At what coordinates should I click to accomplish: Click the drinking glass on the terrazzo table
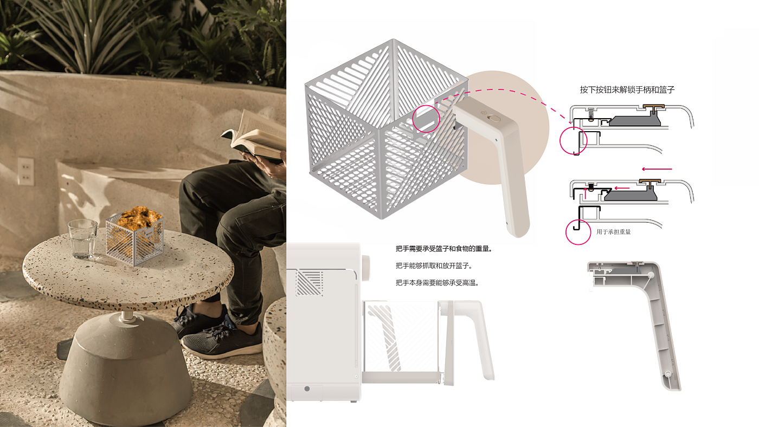pos(82,239)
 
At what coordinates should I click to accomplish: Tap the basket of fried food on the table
pos(135,235)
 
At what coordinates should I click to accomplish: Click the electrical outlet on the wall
pos(26,171)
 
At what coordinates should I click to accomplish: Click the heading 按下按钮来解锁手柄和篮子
pos(627,90)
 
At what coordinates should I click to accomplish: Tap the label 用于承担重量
pos(614,232)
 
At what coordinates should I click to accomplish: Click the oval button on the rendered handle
pos(494,119)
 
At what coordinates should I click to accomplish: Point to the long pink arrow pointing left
pos(657,169)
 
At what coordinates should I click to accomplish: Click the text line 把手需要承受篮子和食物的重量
pos(444,249)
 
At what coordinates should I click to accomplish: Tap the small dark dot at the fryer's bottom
pos(307,389)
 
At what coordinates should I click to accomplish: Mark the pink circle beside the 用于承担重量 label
pos(578,232)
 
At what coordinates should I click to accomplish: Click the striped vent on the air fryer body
pos(310,283)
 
